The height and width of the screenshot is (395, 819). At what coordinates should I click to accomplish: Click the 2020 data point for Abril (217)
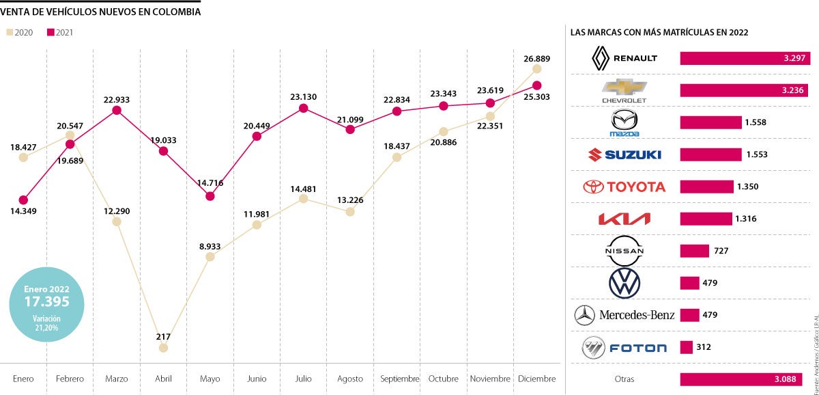pos(163,348)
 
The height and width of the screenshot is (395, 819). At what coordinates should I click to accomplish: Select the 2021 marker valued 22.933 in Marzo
pos(117,110)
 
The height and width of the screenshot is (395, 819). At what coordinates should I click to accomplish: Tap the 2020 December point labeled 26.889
pos(537,68)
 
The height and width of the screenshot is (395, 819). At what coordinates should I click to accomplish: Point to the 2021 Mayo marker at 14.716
pos(210,196)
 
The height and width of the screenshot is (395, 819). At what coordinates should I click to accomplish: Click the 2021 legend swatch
pos(51,32)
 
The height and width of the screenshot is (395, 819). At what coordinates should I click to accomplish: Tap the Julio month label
pos(303,379)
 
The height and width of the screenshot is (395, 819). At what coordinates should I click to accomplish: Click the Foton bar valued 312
pos(687,347)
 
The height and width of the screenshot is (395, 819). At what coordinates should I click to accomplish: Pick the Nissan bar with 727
pos(693,251)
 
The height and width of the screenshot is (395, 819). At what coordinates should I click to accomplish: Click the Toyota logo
pos(623,187)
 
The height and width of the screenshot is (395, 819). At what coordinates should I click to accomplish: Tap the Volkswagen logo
pos(624,283)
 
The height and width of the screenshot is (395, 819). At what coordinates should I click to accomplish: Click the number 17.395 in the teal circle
pos(47,301)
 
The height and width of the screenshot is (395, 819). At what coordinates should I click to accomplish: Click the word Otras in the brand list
pos(624,380)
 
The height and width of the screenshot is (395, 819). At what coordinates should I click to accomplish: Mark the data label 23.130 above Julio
pos(304,97)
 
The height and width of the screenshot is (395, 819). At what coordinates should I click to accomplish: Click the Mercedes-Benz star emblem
pos(585,315)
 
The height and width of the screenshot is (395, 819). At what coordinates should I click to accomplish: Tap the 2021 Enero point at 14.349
pos(23,200)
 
